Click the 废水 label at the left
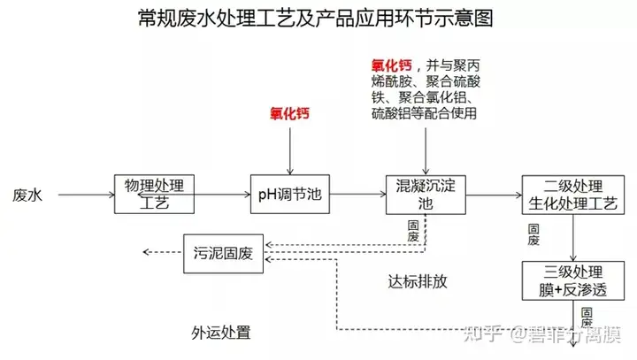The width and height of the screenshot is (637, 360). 28,194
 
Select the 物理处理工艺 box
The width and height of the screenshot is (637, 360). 154,194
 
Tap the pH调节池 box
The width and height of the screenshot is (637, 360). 290,194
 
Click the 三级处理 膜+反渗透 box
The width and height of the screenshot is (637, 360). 574,280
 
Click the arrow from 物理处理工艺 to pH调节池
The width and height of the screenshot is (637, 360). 221,194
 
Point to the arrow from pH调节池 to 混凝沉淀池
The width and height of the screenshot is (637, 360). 357,194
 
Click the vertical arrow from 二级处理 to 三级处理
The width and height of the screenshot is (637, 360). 575,238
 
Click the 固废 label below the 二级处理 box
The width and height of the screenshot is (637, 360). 533,234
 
